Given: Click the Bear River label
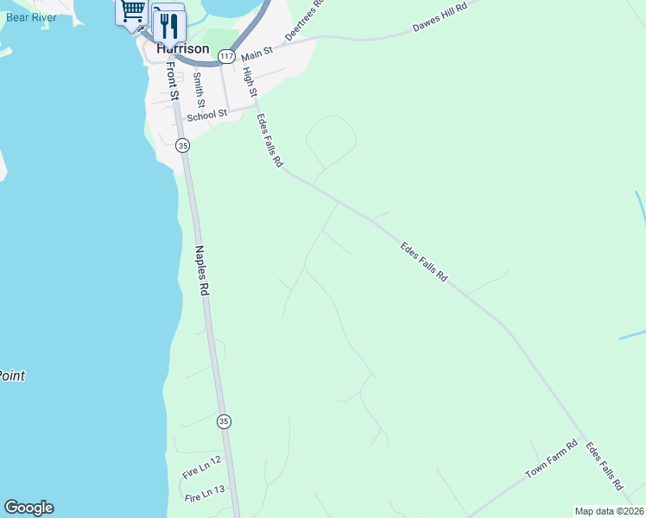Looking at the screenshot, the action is coord(31,16).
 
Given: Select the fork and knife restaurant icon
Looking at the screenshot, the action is coord(168,25).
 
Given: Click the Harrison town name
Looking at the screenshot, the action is coord(183,49).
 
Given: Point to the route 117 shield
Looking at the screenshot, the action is coord(225,56).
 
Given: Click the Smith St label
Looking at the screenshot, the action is coord(199,88).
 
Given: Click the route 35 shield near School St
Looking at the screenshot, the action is coord(182,146).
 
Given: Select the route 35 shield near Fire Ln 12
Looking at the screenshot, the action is coord(225,421).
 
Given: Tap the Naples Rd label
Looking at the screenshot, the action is coord(202,272).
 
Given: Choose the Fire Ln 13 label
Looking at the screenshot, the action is coord(205,494).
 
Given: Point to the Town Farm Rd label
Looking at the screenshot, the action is coord(551,462).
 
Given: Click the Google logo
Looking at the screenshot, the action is coord(28,508).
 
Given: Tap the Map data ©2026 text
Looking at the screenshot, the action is coord(609,511).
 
